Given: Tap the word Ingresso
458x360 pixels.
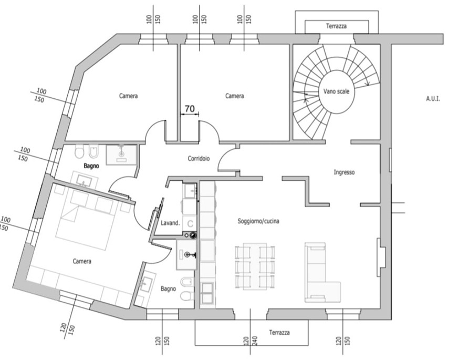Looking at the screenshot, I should (x=345, y=172).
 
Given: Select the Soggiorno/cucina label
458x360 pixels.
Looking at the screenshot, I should (x=258, y=221).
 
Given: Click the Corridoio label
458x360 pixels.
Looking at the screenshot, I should (x=199, y=158).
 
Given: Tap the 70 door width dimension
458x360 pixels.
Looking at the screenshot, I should (x=190, y=109).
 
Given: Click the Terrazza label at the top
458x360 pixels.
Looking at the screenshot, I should (x=336, y=25).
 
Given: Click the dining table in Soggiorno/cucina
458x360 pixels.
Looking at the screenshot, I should (x=255, y=266).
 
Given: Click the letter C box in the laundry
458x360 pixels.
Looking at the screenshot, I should (x=190, y=223).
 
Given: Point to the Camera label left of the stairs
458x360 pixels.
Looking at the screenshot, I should (x=234, y=96).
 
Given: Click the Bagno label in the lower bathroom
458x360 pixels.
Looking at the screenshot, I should (x=169, y=289).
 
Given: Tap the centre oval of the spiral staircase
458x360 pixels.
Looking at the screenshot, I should (x=337, y=92).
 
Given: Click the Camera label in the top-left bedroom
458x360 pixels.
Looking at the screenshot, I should (x=128, y=96).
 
